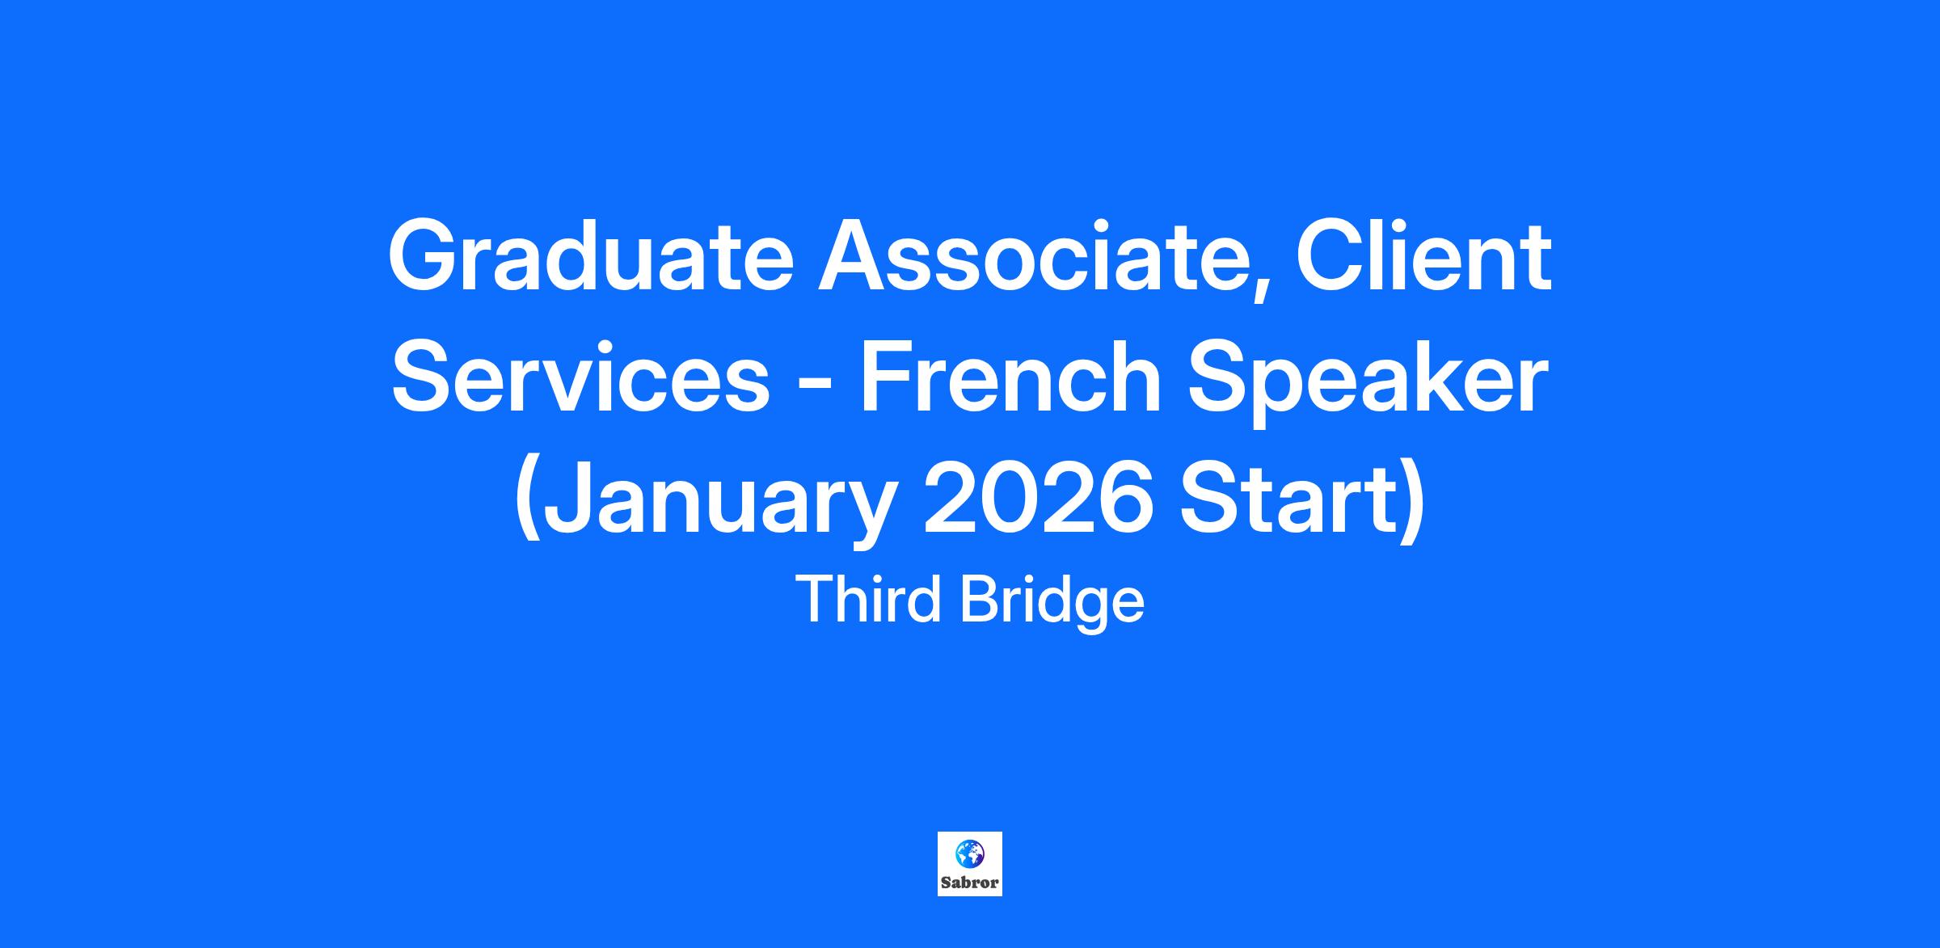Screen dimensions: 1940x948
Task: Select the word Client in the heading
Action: [x=1424, y=255]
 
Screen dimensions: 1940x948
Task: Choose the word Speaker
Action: [x=1367, y=386]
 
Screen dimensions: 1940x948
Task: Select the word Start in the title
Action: [x=1288, y=500]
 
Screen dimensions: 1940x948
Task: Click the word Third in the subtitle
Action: [x=869, y=600]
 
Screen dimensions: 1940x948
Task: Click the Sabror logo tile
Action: [x=970, y=864]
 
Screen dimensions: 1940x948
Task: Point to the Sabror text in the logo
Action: [x=970, y=883]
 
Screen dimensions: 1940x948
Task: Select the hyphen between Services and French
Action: [x=815, y=387]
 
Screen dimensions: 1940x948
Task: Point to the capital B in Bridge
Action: [x=978, y=600]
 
